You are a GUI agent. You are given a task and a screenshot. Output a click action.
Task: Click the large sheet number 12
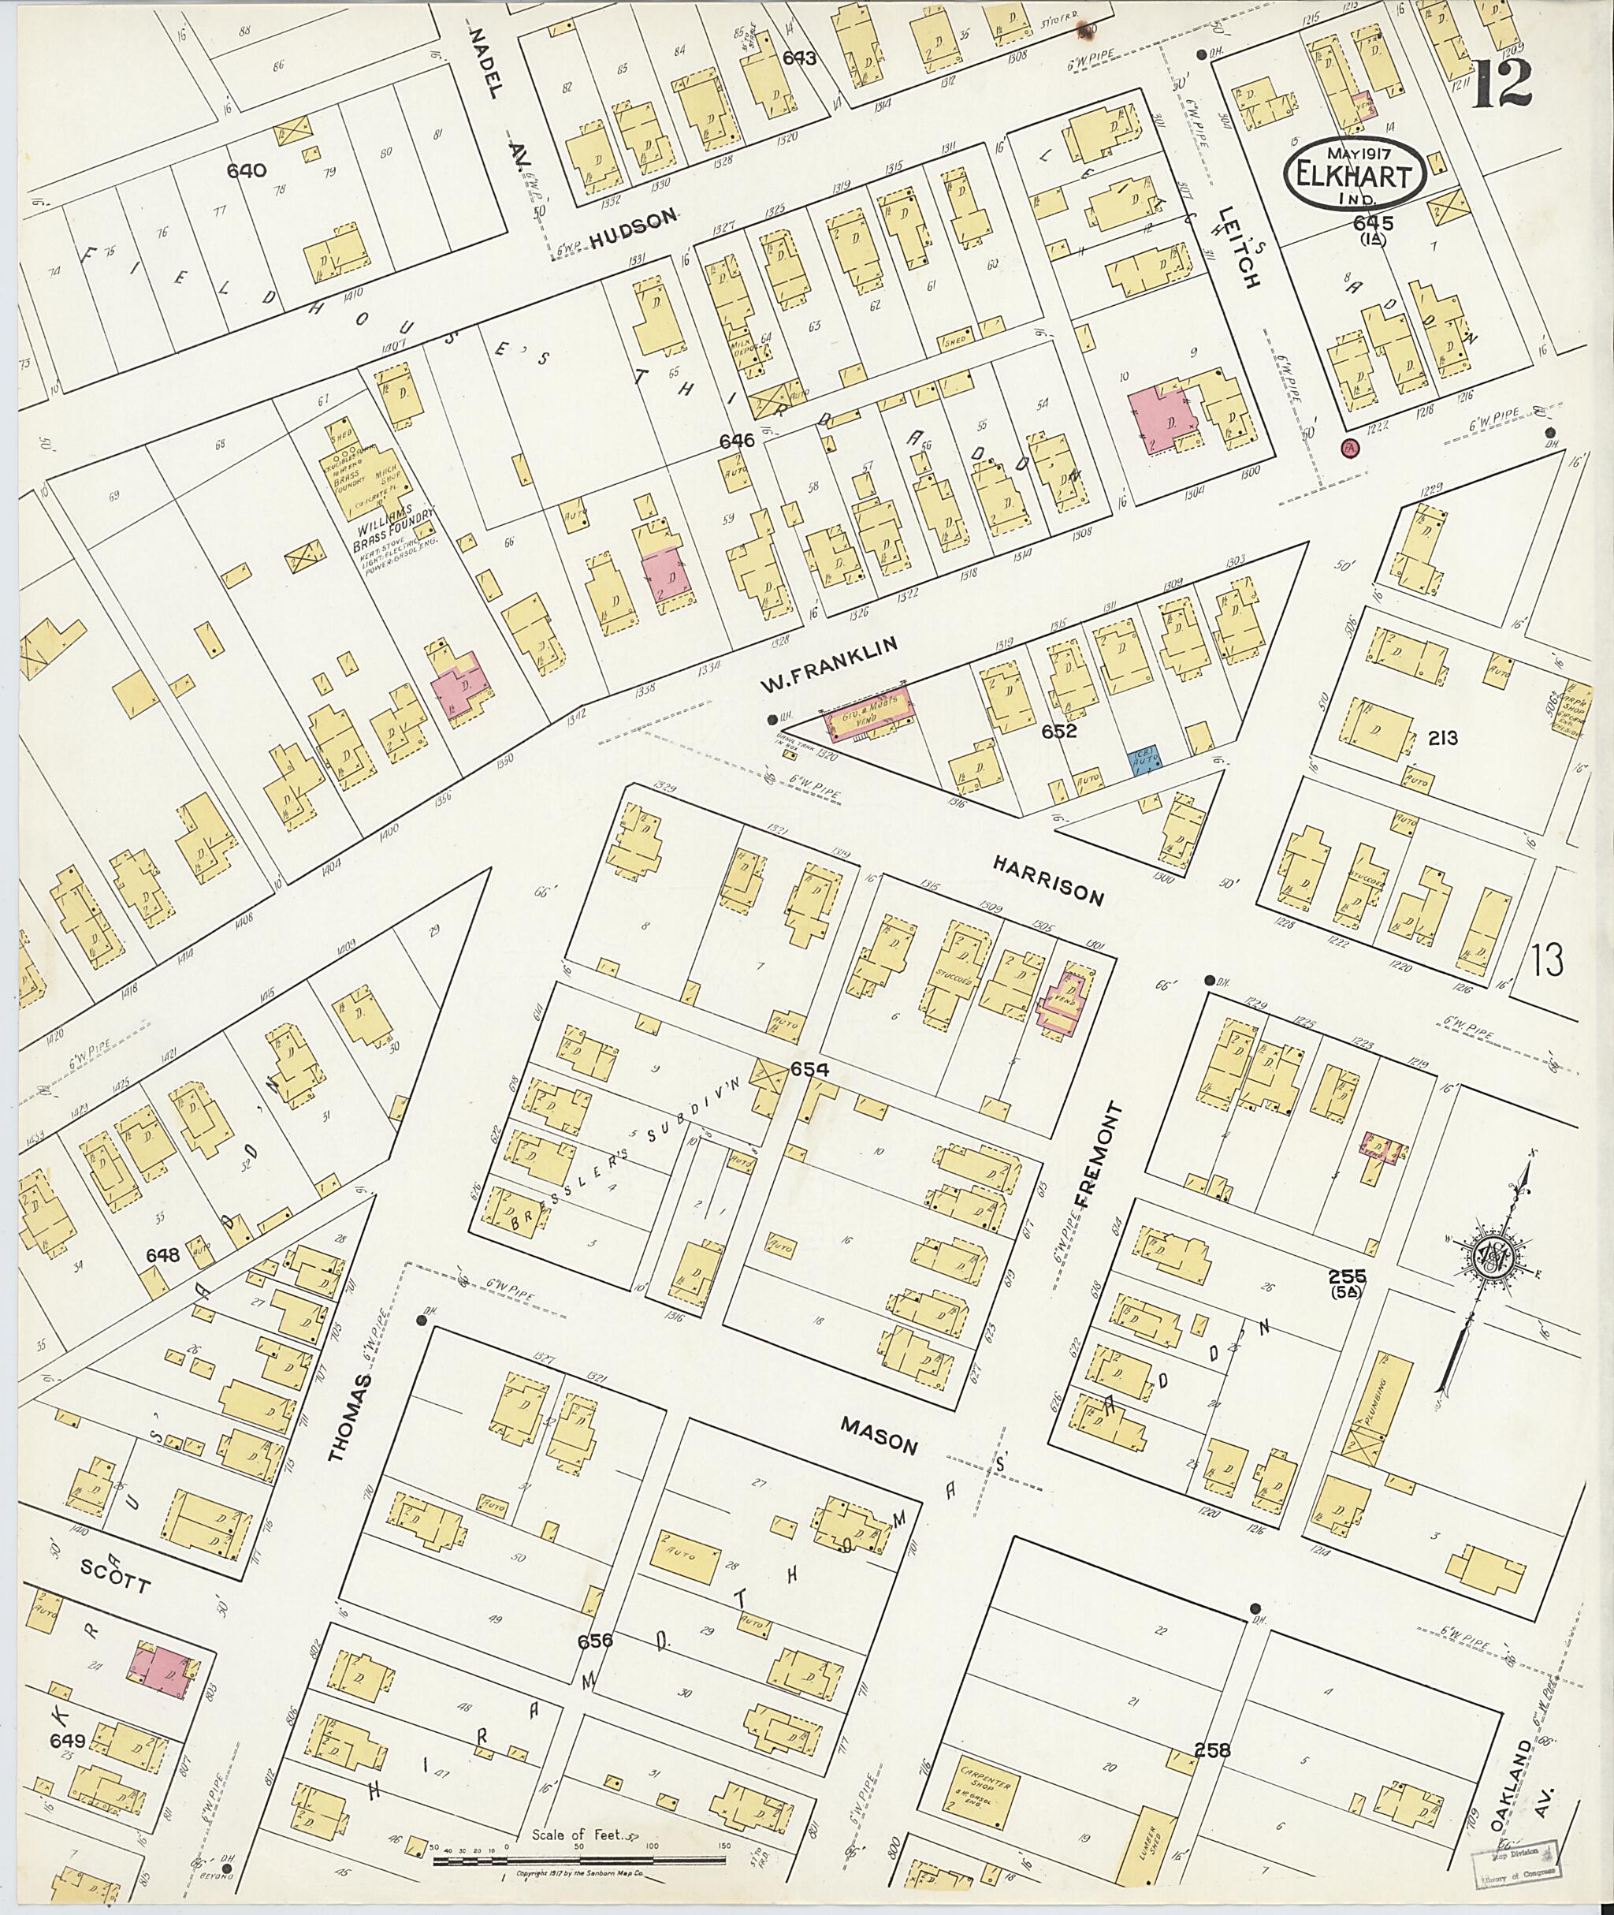coord(1504,84)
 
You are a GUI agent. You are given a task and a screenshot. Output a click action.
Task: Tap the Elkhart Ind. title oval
coord(1354,180)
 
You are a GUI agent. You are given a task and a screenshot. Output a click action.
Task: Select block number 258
coord(1212,1750)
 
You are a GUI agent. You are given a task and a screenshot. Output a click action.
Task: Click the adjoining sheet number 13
coord(1545,960)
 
